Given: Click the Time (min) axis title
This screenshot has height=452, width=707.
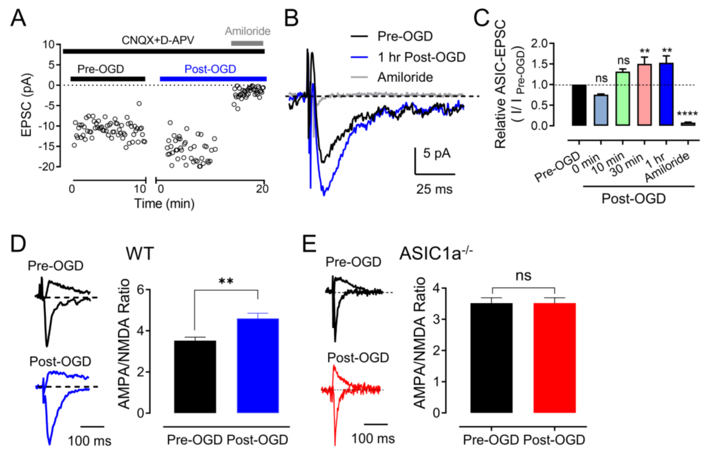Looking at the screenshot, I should coord(164,203).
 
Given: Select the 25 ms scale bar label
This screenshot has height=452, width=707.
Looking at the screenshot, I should coord(434,189).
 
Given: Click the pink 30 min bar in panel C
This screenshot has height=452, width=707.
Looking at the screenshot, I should coord(644,95).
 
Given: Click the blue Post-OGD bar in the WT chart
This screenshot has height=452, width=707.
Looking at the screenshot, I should coord(258,366).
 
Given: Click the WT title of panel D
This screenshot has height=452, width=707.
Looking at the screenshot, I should coord(140,253).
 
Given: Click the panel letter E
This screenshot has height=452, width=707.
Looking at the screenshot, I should coord(310,244).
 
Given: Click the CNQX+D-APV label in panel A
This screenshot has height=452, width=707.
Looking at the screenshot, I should coord(158,40).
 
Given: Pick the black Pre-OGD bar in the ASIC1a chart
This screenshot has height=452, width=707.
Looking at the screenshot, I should coord(491,358).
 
